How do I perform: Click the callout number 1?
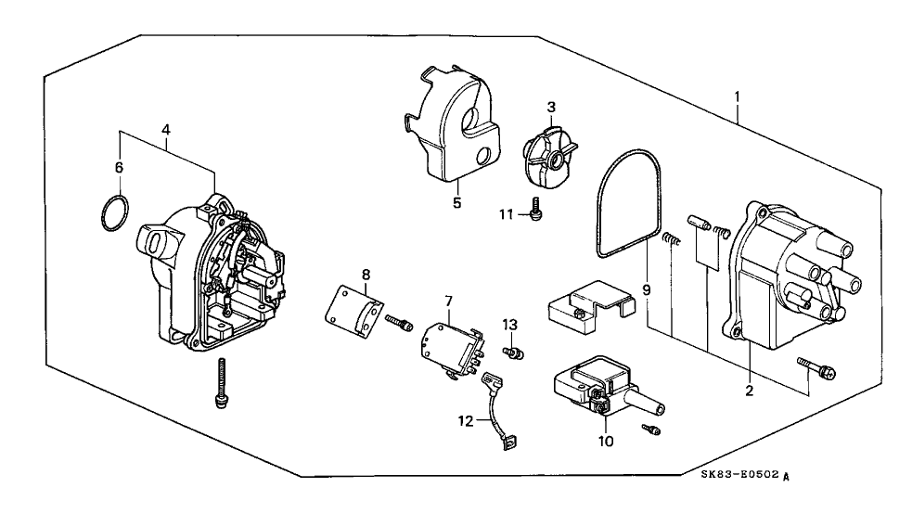click(x=738, y=95)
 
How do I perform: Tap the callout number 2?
click(x=748, y=391)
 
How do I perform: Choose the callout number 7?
click(x=448, y=302)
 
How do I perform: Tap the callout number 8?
click(x=366, y=275)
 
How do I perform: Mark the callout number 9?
click(x=647, y=290)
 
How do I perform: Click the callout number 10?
click(x=605, y=442)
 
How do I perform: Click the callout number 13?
click(x=508, y=324)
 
